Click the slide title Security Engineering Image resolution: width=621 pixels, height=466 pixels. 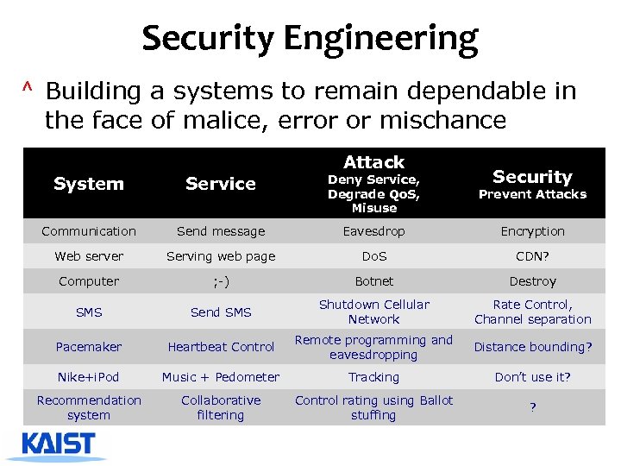[x=310, y=39]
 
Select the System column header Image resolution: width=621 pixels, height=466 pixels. [x=89, y=184]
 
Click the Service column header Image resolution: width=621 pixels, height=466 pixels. [x=221, y=184]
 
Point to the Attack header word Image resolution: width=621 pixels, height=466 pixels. [x=373, y=162]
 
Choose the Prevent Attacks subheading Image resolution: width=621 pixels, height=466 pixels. [x=532, y=195]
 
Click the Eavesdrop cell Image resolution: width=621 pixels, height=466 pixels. [x=373, y=231]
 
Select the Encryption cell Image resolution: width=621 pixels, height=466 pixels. [x=532, y=231]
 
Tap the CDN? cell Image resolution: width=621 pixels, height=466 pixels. [x=532, y=256]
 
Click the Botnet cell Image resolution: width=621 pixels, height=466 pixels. [x=373, y=281]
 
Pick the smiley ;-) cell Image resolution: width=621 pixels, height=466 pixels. [x=221, y=281]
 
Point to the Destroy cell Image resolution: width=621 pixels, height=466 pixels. [x=532, y=281]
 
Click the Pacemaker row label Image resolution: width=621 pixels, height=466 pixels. [x=89, y=347]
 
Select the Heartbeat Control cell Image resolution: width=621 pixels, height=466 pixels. [x=221, y=347]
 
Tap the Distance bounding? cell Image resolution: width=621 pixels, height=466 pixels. [x=532, y=347]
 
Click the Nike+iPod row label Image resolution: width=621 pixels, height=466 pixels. [x=89, y=377]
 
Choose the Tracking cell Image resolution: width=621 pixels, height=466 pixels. [x=373, y=377]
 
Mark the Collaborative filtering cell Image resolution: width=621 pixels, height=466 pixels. [x=221, y=407]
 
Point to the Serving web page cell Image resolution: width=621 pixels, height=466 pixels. [x=221, y=256]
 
